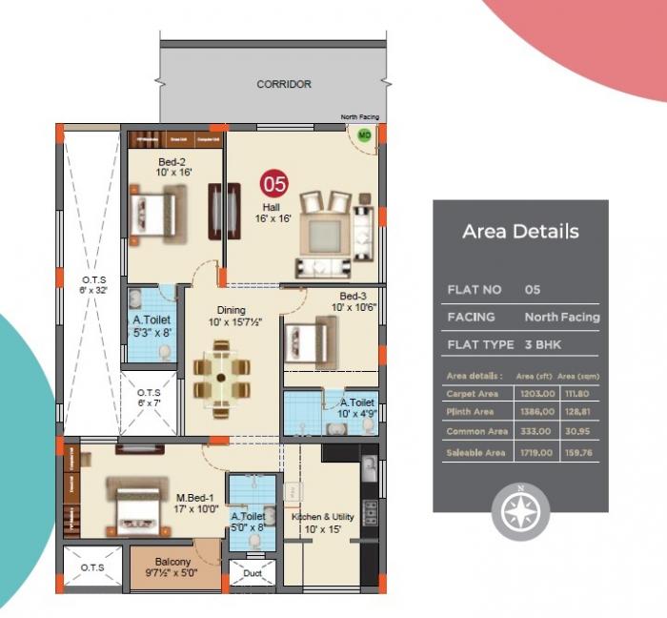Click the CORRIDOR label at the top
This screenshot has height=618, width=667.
(284, 84)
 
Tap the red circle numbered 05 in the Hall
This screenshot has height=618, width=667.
(274, 182)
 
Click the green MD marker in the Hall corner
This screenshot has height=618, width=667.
(363, 135)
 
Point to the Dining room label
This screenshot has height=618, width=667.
(231, 316)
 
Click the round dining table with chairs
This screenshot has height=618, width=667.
(221, 378)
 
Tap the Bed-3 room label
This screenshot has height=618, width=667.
(353, 301)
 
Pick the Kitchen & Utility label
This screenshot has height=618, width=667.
(323, 523)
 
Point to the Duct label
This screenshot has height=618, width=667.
(253, 574)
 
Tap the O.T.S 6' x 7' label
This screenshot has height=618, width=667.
(149, 398)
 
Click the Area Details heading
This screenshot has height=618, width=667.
(520, 231)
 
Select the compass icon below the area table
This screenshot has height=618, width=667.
(520, 509)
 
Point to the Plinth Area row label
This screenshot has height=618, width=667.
(470, 412)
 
